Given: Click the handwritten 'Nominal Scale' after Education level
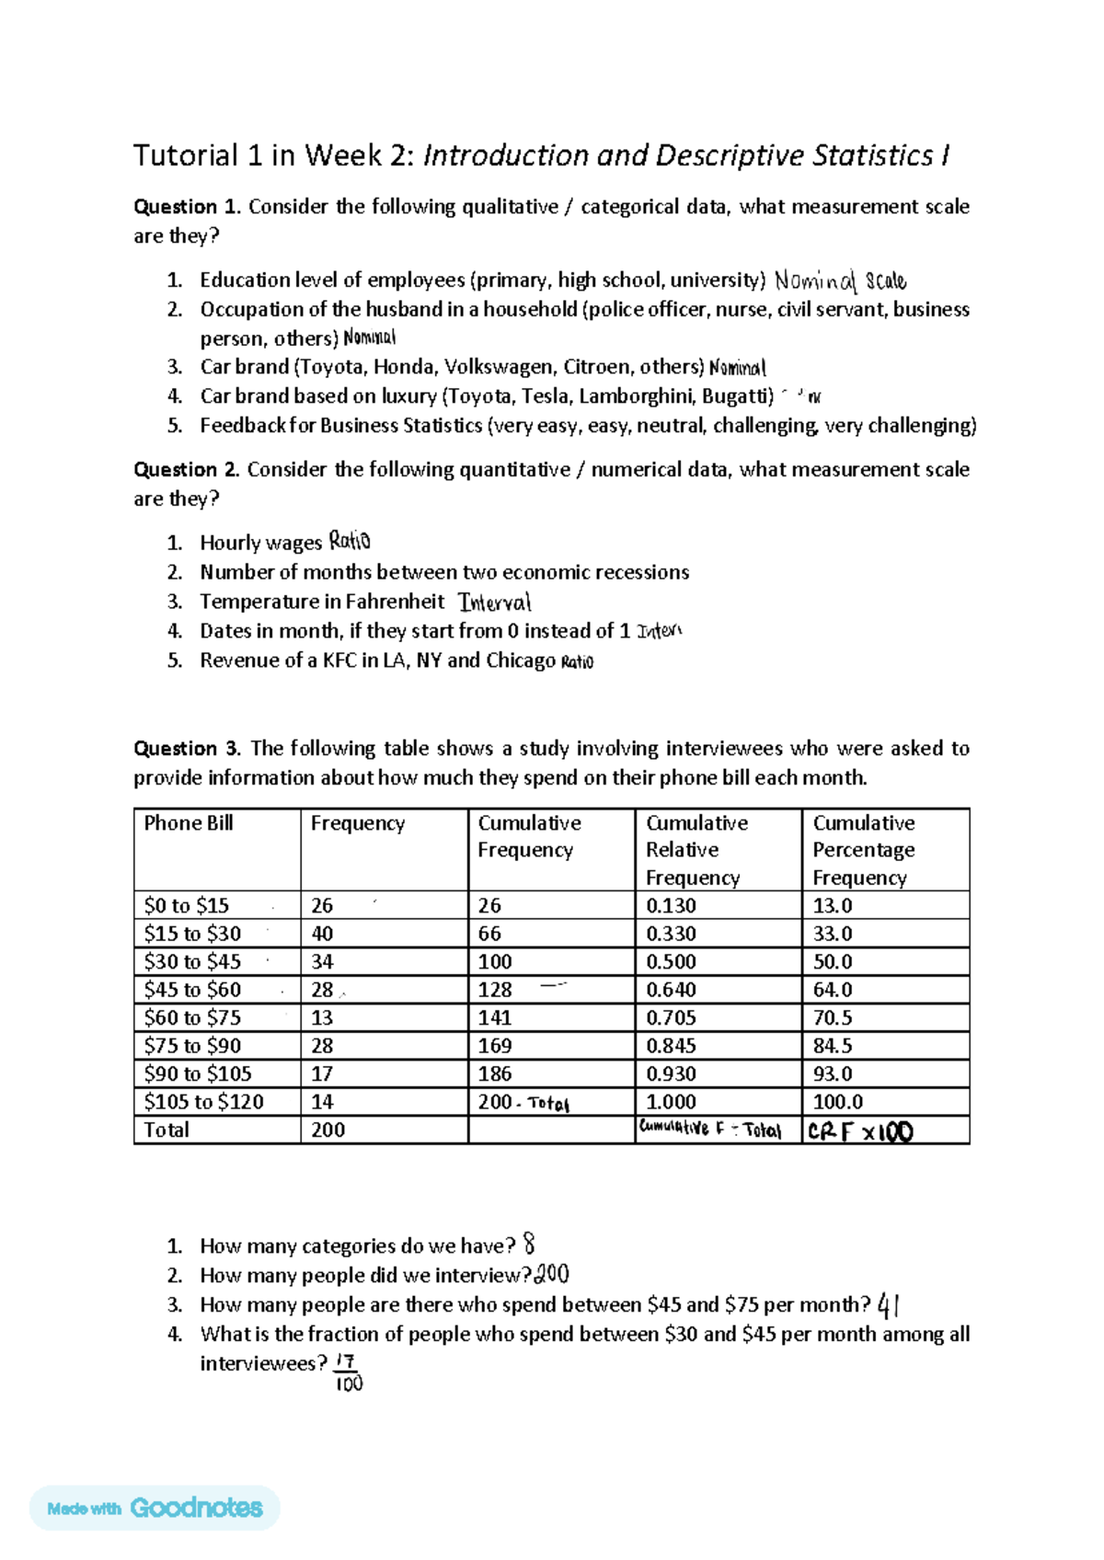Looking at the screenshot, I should [x=839, y=281].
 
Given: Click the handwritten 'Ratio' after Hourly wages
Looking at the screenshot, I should [x=350, y=541].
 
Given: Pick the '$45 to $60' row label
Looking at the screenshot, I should [x=192, y=990].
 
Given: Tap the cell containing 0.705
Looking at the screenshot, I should [x=671, y=1018].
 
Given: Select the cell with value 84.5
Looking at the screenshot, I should [x=832, y=1046].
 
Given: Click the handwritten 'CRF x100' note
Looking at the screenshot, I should [x=860, y=1131].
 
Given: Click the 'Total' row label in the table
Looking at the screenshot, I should [x=167, y=1130].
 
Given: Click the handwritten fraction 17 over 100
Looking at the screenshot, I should [x=348, y=1372].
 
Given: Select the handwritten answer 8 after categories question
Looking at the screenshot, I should [x=528, y=1245].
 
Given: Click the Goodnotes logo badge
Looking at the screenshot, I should [x=155, y=1508].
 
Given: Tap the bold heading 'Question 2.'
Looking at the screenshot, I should [x=187, y=470].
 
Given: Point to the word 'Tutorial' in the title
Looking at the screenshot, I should [x=186, y=155].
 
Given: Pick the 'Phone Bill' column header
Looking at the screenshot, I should [x=189, y=823].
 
